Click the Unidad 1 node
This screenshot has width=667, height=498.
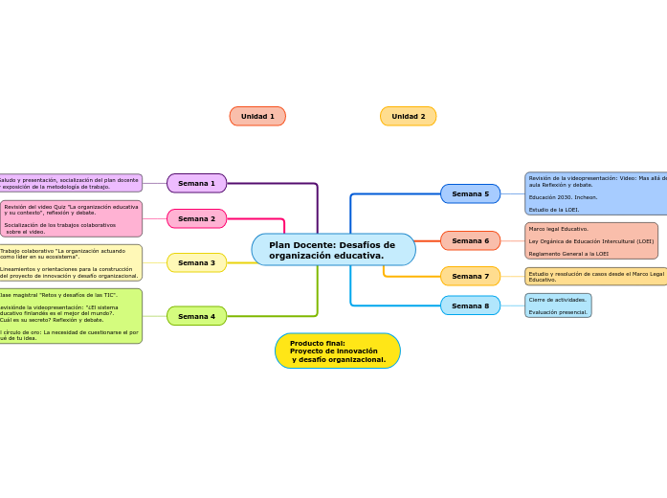[x=257, y=116]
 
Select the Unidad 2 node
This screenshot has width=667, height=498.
[x=408, y=116]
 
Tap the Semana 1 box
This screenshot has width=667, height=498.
[x=196, y=183]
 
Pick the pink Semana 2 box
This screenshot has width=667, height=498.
[x=196, y=218]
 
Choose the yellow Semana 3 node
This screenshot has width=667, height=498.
[x=196, y=262]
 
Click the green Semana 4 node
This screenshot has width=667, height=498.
[x=196, y=316]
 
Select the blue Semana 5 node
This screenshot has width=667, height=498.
[x=470, y=193]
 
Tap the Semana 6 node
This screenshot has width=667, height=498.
[x=470, y=240]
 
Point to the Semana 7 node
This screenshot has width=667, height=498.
[x=470, y=276]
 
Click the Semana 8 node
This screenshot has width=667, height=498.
[x=470, y=306]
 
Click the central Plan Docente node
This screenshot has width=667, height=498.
[x=333, y=250]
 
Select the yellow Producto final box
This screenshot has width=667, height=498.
[x=337, y=351]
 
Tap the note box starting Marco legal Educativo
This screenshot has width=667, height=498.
[x=591, y=240]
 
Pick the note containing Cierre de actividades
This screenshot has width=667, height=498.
[x=558, y=306]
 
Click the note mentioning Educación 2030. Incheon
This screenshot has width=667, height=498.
[x=595, y=193]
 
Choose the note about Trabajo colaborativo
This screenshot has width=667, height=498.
[x=70, y=262]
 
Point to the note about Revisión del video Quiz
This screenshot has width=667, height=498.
[x=72, y=218]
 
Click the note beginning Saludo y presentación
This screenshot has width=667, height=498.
[x=70, y=183]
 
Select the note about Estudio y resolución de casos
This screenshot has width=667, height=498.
[x=595, y=276]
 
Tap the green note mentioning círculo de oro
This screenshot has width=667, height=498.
[x=70, y=316]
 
